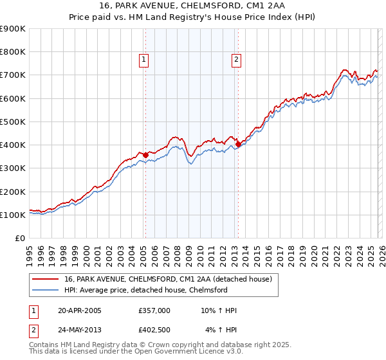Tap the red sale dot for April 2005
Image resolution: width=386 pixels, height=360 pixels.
145,155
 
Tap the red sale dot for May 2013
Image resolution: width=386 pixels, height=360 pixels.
238,145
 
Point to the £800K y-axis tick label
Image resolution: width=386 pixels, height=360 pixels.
12,52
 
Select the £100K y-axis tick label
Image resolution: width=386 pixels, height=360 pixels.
12,215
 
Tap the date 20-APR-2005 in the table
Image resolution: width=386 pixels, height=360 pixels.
80,310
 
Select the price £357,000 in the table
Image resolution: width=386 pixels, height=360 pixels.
154,310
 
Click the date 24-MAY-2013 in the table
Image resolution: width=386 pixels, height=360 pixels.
80,330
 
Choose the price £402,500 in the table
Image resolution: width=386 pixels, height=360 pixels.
154,330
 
